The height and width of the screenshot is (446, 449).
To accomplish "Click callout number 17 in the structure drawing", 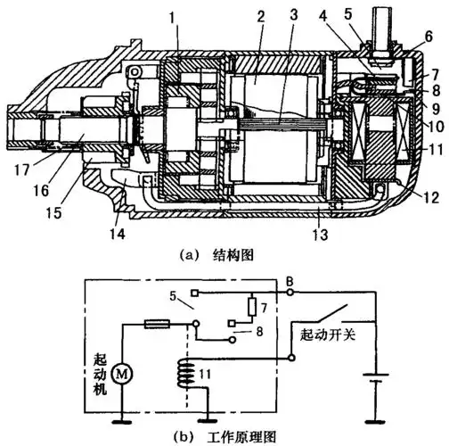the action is [x=22, y=170].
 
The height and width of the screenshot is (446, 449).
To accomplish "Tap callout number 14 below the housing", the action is [x=118, y=234].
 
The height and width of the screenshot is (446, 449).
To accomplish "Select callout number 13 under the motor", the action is [x=320, y=235].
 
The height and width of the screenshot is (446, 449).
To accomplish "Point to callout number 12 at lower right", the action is [x=431, y=197].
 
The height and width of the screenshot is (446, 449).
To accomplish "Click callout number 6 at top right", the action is [x=429, y=37].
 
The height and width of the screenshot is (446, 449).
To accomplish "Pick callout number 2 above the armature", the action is [x=261, y=17].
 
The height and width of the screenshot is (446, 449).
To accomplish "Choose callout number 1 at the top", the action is [x=171, y=18].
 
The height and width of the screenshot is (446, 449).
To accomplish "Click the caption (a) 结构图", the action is [x=216, y=256].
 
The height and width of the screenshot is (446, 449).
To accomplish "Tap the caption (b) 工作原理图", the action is [x=224, y=437].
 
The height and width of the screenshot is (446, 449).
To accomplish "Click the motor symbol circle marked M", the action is [x=121, y=374].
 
